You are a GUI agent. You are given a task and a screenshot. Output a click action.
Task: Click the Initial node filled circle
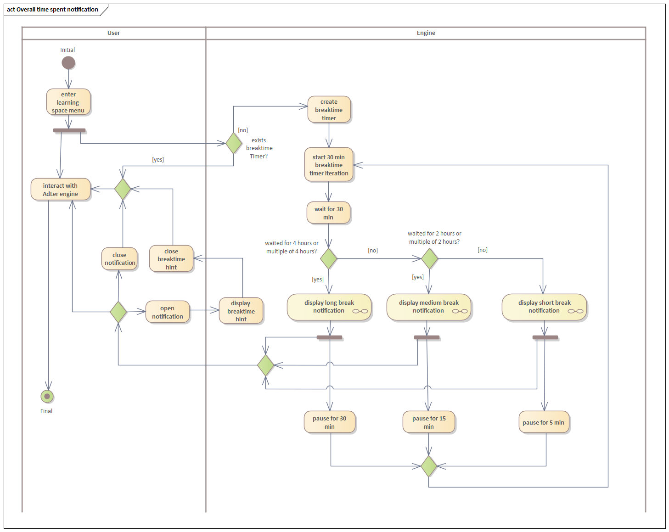pyautogui.click(x=68, y=63)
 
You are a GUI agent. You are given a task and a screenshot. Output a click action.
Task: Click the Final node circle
pyautogui.click(x=47, y=396)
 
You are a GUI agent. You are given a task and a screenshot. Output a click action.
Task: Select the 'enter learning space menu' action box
pyautogui.click(x=68, y=102)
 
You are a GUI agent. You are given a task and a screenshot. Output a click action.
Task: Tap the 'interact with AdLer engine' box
pyautogui.click(x=60, y=190)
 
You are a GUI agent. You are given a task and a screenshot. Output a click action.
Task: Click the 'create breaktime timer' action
pyautogui.click(x=329, y=110)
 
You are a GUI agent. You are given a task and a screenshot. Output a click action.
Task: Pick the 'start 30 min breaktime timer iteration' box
pyautogui.click(x=329, y=165)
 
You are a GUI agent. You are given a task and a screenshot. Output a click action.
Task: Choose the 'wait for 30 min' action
pyautogui.click(x=328, y=213)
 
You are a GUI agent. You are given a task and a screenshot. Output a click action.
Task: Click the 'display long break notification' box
pyautogui.click(x=329, y=307)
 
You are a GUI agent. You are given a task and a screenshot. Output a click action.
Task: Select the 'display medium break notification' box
pyautogui.click(x=428, y=307)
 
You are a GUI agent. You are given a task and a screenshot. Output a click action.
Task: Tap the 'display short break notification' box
pyautogui.click(x=544, y=307)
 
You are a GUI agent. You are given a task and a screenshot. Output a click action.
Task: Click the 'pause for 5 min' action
pyautogui.click(x=544, y=422)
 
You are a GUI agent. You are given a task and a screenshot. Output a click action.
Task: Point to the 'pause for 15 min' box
pyautogui.click(x=429, y=422)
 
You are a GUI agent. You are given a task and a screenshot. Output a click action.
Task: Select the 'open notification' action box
pyautogui.click(x=168, y=312)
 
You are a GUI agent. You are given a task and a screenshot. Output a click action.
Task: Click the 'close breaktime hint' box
pyautogui.click(x=171, y=259)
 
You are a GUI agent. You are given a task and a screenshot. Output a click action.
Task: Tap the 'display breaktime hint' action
pyautogui.click(x=241, y=311)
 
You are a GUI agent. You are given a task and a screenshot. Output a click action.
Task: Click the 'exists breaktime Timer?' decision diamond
pyautogui.click(x=234, y=143)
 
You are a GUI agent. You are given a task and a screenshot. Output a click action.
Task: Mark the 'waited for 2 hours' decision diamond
pyautogui.click(x=429, y=259)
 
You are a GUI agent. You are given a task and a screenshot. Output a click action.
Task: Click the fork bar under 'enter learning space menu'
pyautogui.click(x=69, y=130)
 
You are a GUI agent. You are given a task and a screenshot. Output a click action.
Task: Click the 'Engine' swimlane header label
pyautogui.click(x=426, y=33)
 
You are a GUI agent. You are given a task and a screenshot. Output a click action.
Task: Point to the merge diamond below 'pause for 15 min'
pyautogui.click(x=428, y=466)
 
